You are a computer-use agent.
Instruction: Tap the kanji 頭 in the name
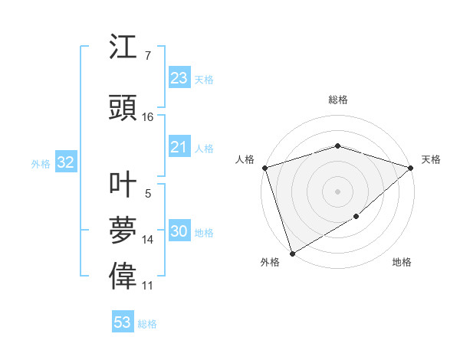click(x=123, y=106)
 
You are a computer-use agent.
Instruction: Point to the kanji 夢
click(x=123, y=231)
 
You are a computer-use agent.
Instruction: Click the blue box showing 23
click(x=179, y=77)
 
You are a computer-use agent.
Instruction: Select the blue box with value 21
click(x=179, y=146)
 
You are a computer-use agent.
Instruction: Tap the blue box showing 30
click(x=179, y=231)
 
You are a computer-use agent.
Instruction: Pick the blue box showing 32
click(x=65, y=162)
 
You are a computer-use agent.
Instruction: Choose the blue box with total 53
click(x=123, y=322)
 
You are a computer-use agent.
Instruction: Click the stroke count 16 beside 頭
click(x=148, y=116)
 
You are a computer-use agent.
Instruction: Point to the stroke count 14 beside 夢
click(x=148, y=240)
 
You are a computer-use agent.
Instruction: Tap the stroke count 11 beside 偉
click(x=148, y=285)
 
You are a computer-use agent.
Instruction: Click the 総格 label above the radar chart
click(x=337, y=100)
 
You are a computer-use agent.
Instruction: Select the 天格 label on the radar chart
click(x=431, y=159)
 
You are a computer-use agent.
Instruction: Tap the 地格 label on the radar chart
click(x=402, y=262)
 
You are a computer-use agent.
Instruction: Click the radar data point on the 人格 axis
click(x=264, y=167)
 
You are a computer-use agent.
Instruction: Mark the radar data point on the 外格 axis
click(x=292, y=253)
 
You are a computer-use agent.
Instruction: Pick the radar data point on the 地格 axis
click(x=357, y=218)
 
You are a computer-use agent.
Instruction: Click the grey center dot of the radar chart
click(x=337, y=191)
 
